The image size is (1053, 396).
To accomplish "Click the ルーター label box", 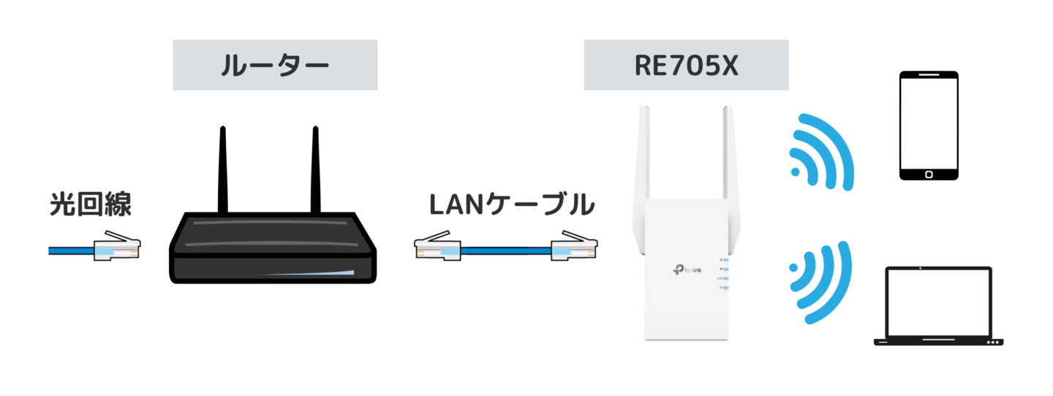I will pyautogui.click(x=275, y=65).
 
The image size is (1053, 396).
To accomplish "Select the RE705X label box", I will pyautogui.click(x=686, y=65).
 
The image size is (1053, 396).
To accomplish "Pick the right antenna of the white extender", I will pyautogui.click(x=728, y=161).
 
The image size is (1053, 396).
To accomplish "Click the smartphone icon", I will pyautogui.click(x=928, y=126).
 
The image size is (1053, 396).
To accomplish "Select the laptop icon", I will pyautogui.click(x=938, y=307).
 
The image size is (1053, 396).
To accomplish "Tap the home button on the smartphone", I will pyautogui.click(x=928, y=174).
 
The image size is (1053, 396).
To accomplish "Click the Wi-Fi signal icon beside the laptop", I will pyautogui.click(x=820, y=281).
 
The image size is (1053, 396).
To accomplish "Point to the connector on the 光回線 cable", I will pyautogui.click(x=115, y=249).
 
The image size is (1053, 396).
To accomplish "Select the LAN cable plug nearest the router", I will pyautogui.click(x=437, y=249).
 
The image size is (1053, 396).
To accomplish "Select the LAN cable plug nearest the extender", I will pyautogui.click(x=573, y=249).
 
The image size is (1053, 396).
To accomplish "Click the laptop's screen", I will pyautogui.click(x=938, y=300).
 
